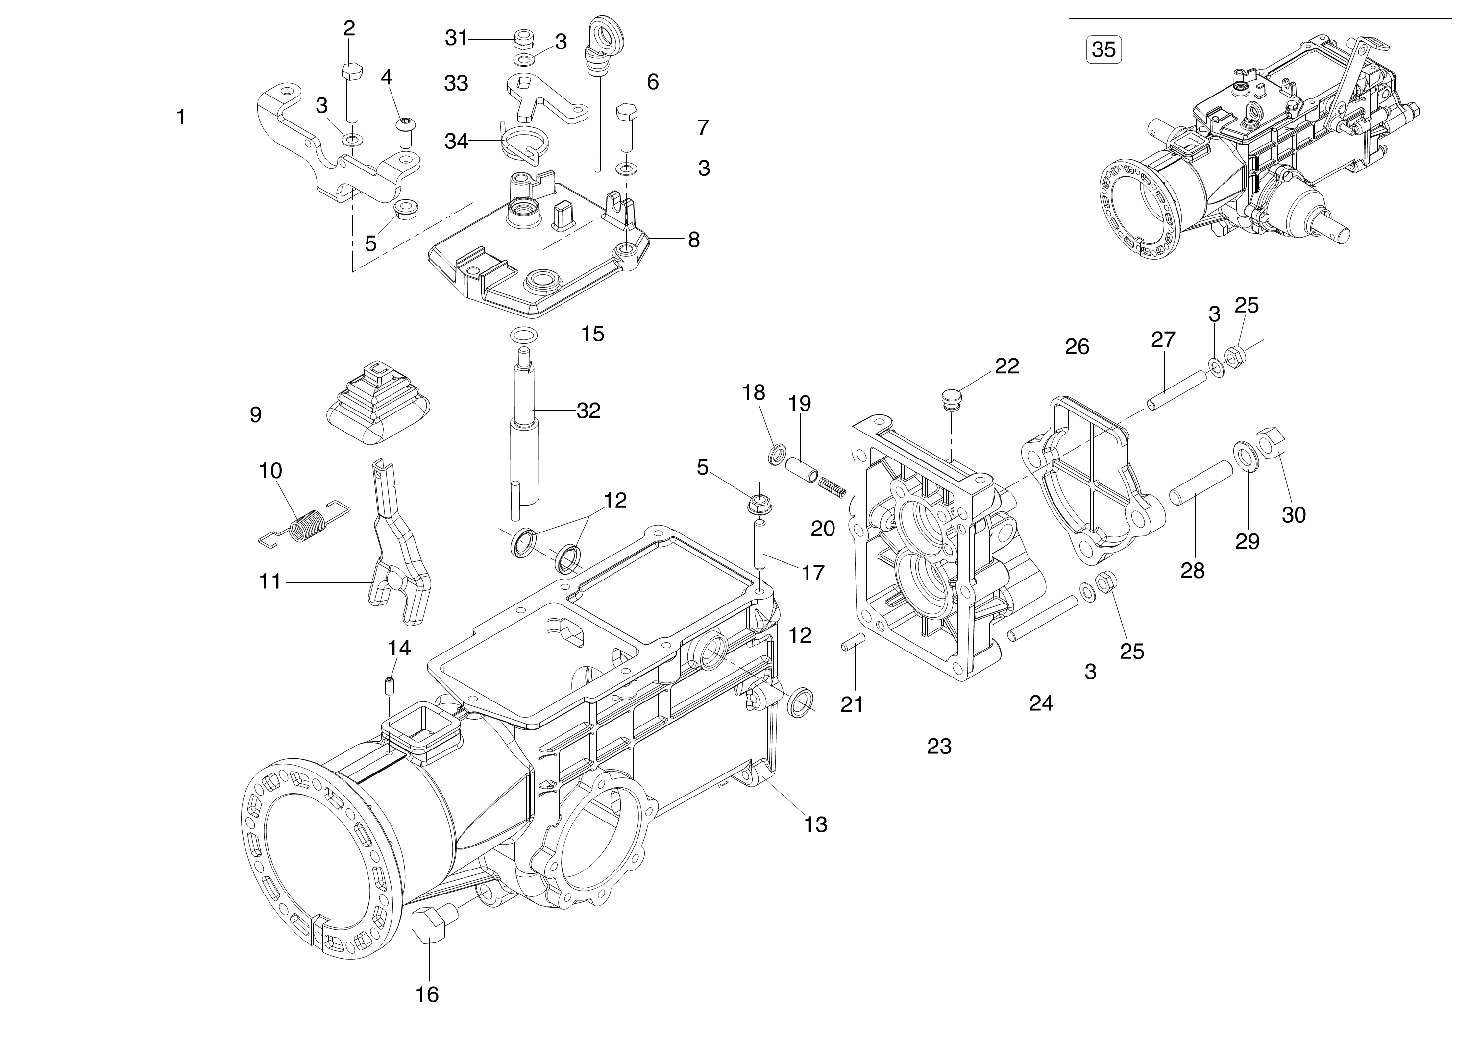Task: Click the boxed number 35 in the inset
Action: pos(1104,49)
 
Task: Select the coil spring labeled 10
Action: pos(304,522)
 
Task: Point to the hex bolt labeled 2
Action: pos(351,92)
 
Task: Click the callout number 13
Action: pos(816,824)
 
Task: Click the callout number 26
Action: pos(1077,346)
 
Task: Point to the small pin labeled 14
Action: pos(389,686)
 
